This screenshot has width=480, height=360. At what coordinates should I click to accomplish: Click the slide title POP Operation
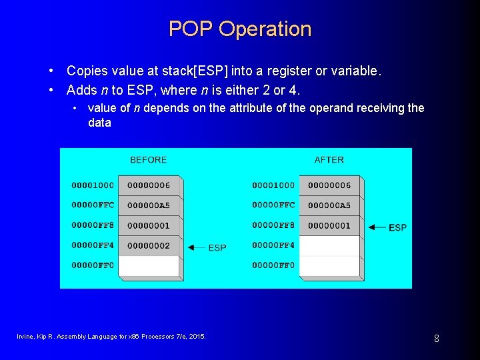click(x=240, y=29)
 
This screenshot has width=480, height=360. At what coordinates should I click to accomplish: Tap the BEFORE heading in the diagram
click(x=148, y=160)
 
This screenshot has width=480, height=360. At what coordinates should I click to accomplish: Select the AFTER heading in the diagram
click(x=329, y=160)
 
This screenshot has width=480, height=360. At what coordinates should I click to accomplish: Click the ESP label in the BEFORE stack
click(x=217, y=248)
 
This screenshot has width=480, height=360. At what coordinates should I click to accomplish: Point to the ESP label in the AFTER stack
click(x=397, y=228)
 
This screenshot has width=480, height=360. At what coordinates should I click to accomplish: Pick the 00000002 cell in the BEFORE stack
click(x=149, y=246)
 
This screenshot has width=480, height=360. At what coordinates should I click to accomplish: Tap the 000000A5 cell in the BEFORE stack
click(x=149, y=205)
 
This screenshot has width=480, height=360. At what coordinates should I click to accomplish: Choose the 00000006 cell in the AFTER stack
click(x=329, y=185)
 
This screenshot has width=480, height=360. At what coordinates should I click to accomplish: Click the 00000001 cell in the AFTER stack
click(x=329, y=226)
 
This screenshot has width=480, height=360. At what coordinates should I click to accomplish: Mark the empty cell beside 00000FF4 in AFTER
click(x=329, y=246)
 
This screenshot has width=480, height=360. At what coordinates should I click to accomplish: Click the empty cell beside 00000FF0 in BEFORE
click(x=149, y=266)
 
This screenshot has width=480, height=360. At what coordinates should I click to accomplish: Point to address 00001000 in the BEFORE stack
click(x=93, y=185)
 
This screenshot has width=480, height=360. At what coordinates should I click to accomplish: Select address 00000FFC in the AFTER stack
click(x=273, y=205)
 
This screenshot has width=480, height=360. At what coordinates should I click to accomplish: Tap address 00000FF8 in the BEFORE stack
click(x=93, y=226)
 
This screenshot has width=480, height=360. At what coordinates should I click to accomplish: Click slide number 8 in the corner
click(x=436, y=339)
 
